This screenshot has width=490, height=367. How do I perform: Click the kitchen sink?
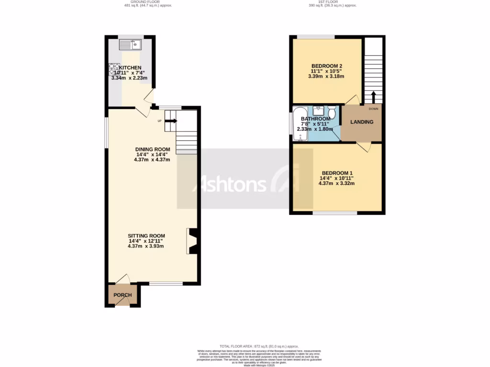click(130, 45)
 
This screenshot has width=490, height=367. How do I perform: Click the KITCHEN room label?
click(130, 67)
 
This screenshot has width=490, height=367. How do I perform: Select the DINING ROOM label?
click(153, 149)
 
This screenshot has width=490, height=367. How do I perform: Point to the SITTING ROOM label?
click(146, 236)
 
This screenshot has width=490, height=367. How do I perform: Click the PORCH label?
click(122, 295)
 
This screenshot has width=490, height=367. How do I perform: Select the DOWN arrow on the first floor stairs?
click(373, 97)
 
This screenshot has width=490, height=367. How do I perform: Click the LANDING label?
click(362, 122)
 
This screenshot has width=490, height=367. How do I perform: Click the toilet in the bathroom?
click(332, 112)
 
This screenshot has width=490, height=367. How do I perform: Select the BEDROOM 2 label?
click(327, 66)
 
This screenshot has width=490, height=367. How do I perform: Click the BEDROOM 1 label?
click(337, 173)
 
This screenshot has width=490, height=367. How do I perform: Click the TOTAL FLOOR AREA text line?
click(259, 346)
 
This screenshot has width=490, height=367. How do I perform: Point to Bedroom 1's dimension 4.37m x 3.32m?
click(337, 183)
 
